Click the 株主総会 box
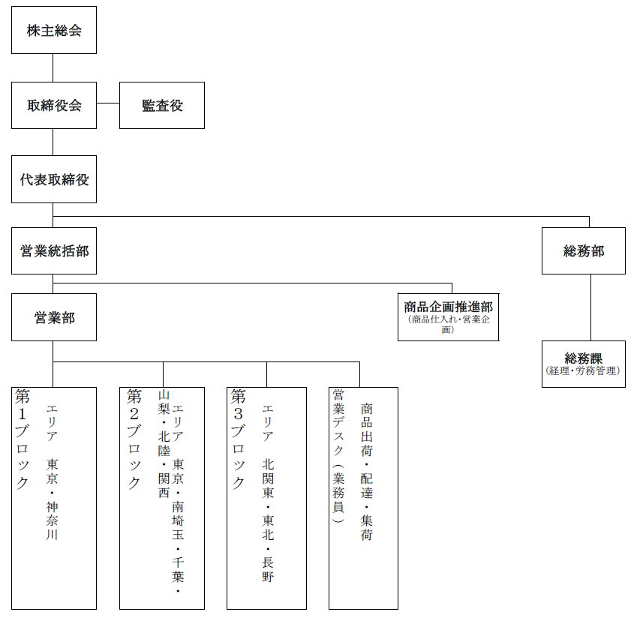(54, 30)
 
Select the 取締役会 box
(54, 105)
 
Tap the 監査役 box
(162, 105)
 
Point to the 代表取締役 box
(54, 179)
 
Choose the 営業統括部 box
(54, 250)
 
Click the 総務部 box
(584, 250)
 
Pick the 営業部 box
(54, 317)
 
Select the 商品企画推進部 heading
(449, 307)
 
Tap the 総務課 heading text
(584, 358)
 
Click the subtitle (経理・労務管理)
(583, 370)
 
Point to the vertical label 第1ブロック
(23, 439)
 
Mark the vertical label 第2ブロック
(134, 439)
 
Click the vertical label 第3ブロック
(238, 439)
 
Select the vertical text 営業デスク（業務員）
(338, 456)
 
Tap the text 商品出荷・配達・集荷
(366, 472)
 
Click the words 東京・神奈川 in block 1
(52, 499)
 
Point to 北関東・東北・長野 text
(268, 520)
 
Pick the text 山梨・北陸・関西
(164, 444)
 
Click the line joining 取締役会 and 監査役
(108, 103)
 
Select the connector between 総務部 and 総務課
(590, 307)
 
